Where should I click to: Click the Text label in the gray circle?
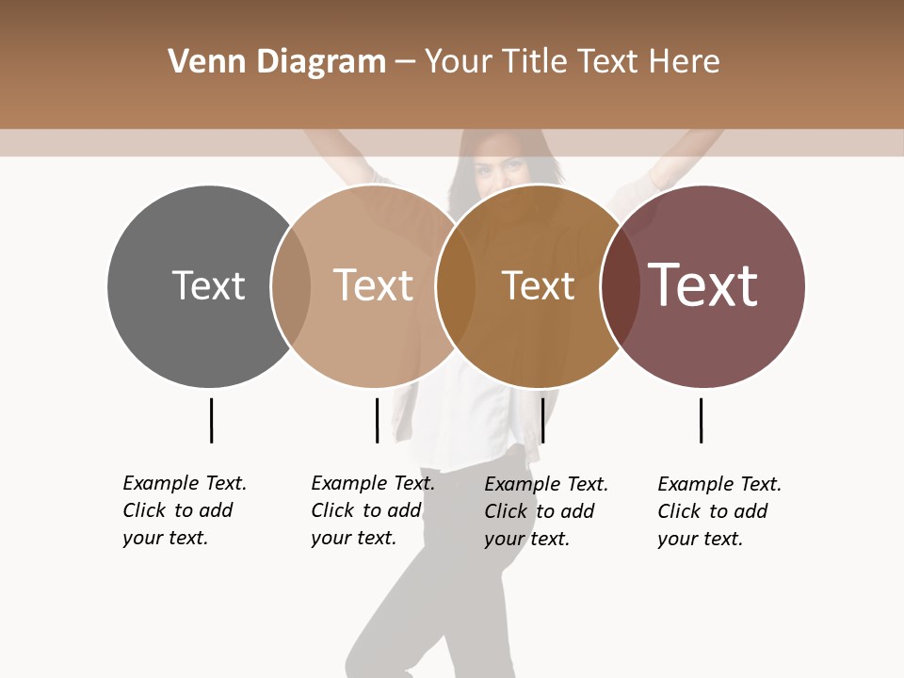point(208,285)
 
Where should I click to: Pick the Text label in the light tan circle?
point(374,285)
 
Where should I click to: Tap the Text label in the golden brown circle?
point(538,285)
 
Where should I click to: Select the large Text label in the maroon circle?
point(702,285)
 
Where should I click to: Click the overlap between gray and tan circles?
point(291,286)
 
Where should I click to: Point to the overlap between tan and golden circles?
point(456,286)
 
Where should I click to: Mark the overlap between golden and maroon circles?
point(620,286)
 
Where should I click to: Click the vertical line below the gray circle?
point(211,420)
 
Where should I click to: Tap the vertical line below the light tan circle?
point(377,420)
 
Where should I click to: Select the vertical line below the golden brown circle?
point(542,420)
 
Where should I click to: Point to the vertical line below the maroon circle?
point(701,420)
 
